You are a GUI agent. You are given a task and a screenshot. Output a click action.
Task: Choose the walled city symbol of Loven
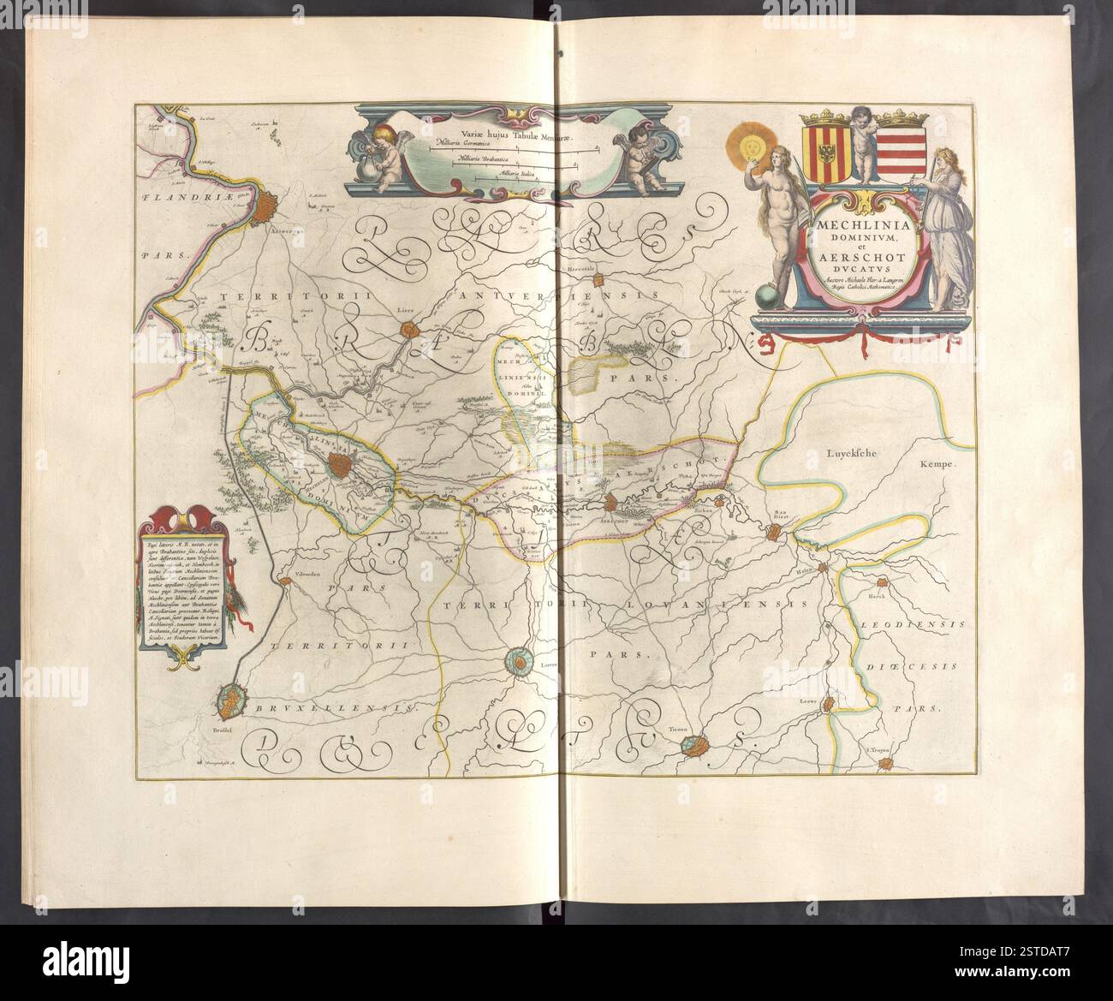coord(520,659)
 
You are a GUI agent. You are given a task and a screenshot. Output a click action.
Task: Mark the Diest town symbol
coord(775,533)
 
